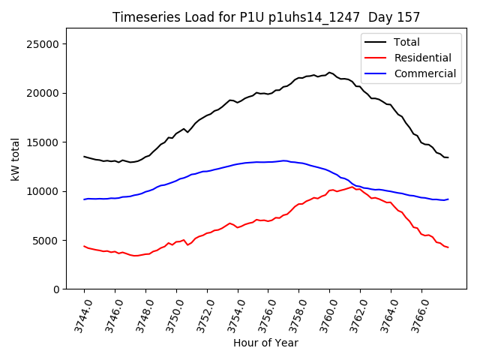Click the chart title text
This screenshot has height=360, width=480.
point(265,17)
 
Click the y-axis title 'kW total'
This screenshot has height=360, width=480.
point(16,159)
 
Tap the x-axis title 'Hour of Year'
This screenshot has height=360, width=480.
point(265,343)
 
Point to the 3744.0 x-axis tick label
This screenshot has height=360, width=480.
point(77,314)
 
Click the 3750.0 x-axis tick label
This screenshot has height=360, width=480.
point(169,314)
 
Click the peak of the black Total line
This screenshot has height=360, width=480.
point(329,73)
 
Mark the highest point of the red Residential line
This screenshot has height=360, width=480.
point(352,187)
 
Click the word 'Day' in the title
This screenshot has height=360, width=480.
point(379,17)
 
